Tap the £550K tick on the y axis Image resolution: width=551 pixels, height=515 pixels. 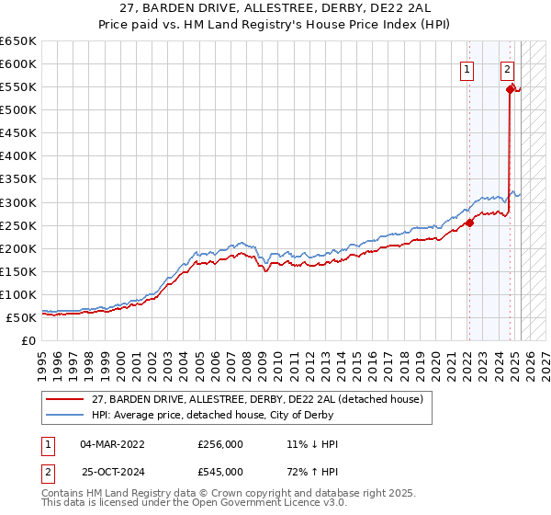[17, 86]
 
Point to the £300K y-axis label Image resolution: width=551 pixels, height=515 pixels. [17, 202]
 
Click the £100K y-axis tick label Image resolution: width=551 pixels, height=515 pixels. [17, 294]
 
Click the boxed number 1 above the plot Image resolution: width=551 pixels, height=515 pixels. [467, 68]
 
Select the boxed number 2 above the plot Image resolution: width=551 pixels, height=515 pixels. [507, 68]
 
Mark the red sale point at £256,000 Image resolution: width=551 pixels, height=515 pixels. [469, 222]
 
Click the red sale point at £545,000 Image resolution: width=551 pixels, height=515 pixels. [510, 88]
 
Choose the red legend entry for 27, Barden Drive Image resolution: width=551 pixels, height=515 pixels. [256, 399]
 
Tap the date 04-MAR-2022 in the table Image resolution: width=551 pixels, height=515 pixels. [112, 444]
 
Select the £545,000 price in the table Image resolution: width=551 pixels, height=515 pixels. [220, 471]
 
